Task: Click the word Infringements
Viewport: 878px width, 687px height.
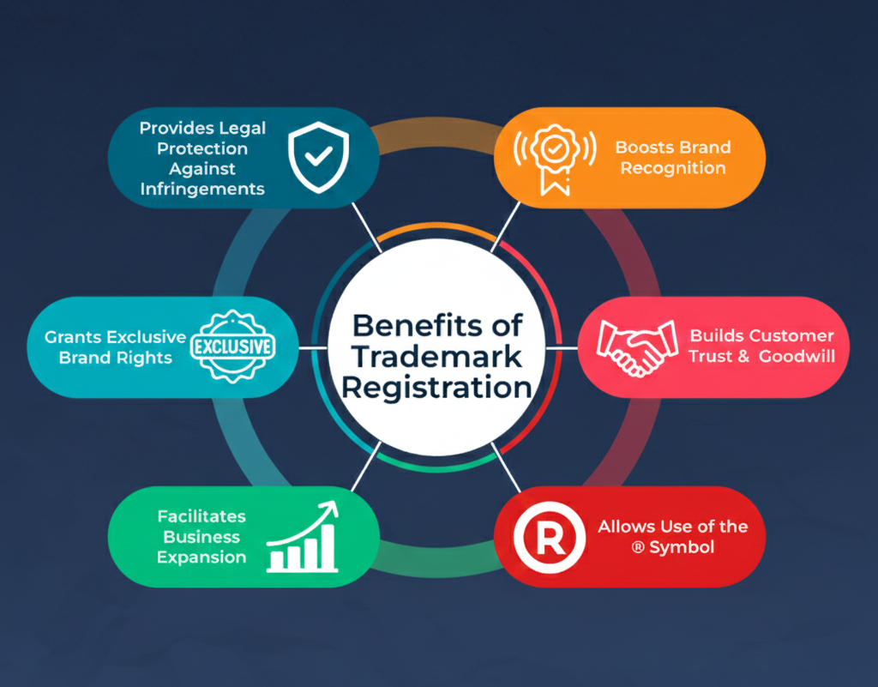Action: pyautogui.click(x=202, y=189)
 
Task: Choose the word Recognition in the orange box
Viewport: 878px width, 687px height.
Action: pyautogui.click(x=673, y=168)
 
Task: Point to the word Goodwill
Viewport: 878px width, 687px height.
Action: pyautogui.click(x=797, y=356)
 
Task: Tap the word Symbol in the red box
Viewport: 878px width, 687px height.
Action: pyautogui.click(x=683, y=547)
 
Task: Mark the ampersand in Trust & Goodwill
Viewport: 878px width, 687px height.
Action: pyautogui.click(x=743, y=356)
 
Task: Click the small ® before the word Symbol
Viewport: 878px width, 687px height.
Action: pyautogui.click(x=638, y=547)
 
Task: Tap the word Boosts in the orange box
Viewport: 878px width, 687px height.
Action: pyautogui.click(x=644, y=148)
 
